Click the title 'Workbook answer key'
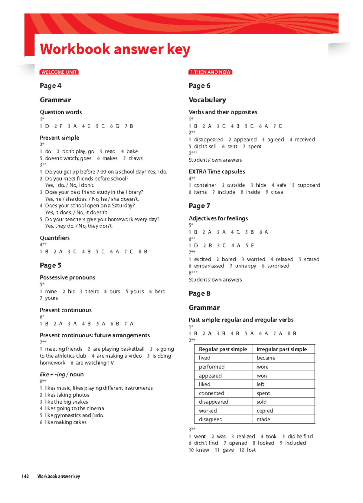tap(115, 49)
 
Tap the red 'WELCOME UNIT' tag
tap(59, 72)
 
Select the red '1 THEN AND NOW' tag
tap(210, 72)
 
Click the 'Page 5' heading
tap(51, 265)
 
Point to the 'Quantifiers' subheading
tap(55, 238)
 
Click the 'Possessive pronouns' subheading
tap(67, 277)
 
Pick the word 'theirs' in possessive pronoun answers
tap(92, 291)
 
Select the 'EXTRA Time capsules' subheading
tap(217, 171)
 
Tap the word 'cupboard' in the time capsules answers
tap(309, 185)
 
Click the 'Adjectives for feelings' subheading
tap(218, 218)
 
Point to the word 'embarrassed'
tap(209, 266)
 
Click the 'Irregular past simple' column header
tap(282, 349)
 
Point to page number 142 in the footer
tap(25, 476)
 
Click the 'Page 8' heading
tap(199, 293)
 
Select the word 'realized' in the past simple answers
tap(246, 436)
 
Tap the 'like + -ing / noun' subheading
tap(62, 374)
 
